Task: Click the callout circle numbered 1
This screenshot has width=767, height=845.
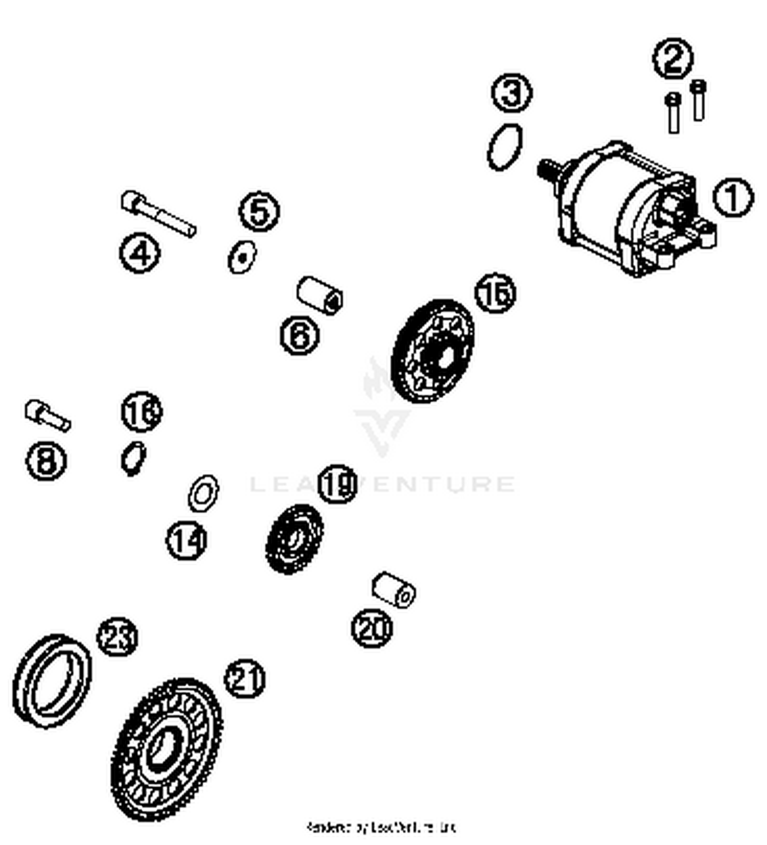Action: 733,198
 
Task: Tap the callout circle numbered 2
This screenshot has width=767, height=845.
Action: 673,59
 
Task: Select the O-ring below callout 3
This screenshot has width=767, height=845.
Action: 505,146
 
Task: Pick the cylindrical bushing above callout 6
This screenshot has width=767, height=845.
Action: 320,295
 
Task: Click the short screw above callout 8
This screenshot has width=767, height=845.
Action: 47,415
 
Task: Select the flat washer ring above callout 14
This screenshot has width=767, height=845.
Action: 203,493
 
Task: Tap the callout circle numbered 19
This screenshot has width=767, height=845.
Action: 337,484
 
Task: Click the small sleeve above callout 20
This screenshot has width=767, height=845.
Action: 393,590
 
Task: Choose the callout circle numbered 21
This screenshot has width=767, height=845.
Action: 244,679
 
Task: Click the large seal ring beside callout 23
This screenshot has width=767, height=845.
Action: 51,681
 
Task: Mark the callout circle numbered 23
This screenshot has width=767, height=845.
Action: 118,637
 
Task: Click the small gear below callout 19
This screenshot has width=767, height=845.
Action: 294,539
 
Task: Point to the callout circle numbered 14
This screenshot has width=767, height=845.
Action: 186,540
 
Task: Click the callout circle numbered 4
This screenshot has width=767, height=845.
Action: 140,253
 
